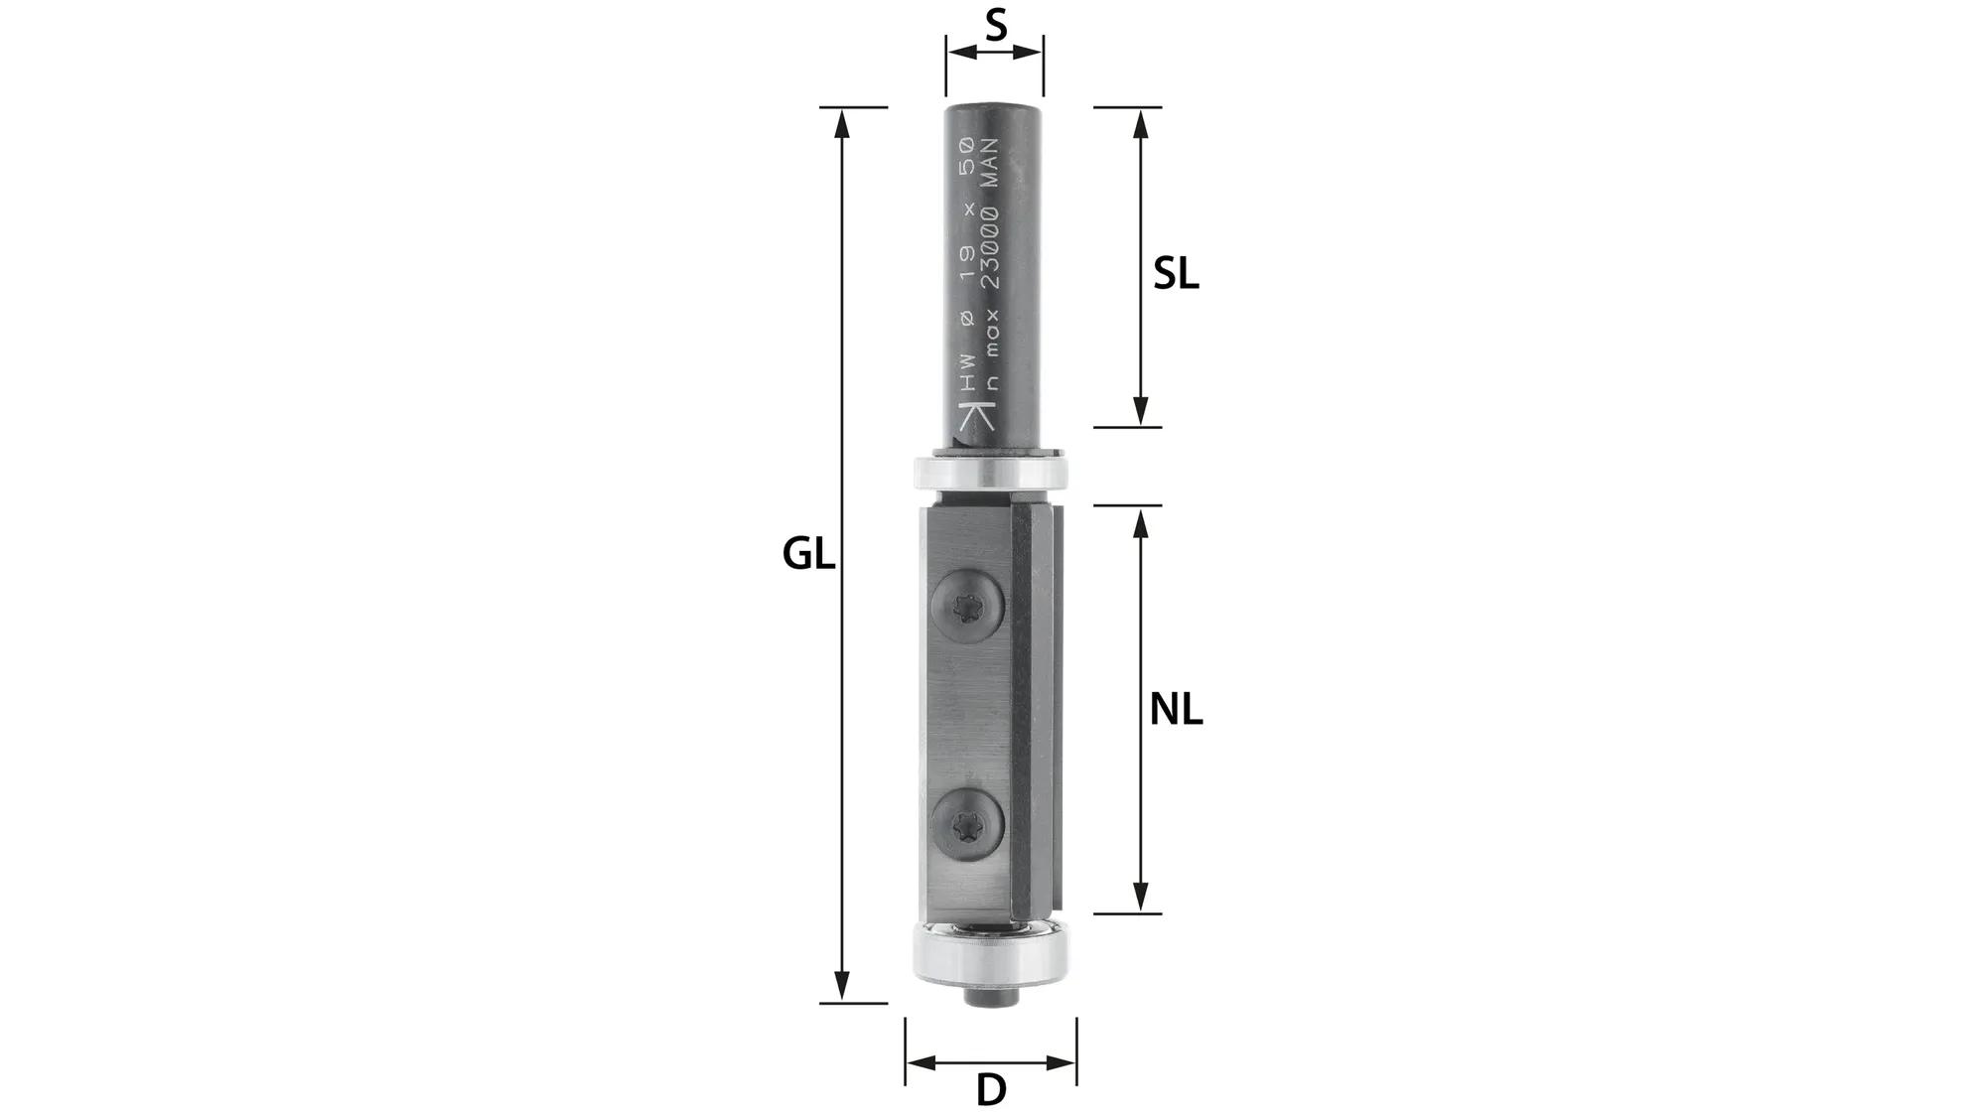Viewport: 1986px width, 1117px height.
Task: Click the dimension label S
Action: coord(996,25)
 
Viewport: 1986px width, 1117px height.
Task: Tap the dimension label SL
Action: coord(1176,274)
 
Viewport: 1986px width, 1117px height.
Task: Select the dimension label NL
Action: coord(1176,710)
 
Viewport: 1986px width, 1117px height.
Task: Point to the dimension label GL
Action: coord(808,554)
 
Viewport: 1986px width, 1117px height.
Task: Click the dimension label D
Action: coord(991,1090)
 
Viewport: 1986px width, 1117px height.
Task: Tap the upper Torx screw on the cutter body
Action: coord(969,605)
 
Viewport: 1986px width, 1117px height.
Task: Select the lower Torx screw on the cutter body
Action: coord(969,823)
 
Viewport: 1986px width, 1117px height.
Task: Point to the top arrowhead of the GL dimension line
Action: coord(842,121)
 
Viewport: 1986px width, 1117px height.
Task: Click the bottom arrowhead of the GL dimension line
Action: coord(842,988)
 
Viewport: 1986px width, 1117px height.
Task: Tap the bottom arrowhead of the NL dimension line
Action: coord(1141,899)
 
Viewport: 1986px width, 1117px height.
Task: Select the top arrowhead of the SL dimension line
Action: coord(1141,121)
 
